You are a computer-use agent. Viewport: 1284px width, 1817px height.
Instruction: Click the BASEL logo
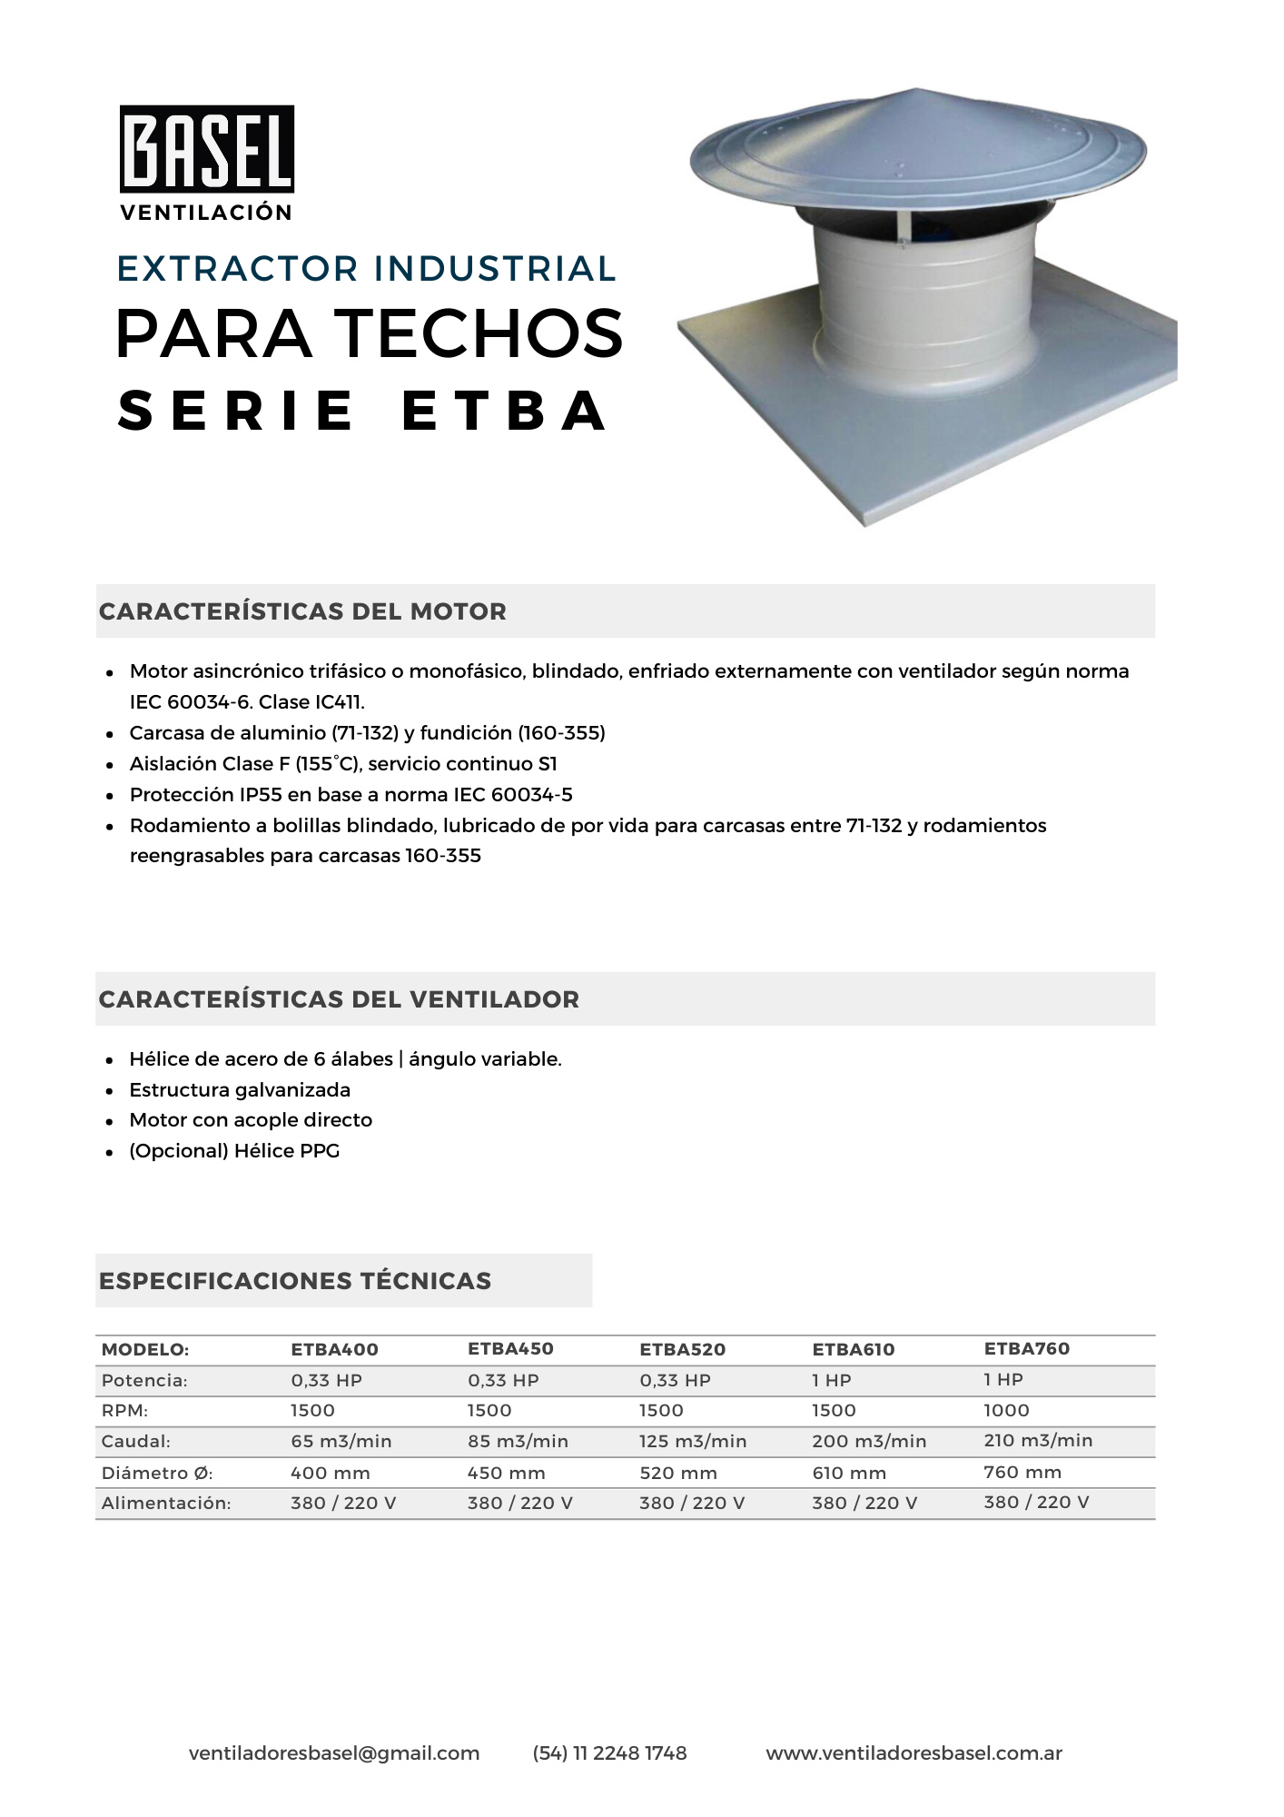[207, 150]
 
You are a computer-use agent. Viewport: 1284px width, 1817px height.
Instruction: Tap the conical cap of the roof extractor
[917, 141]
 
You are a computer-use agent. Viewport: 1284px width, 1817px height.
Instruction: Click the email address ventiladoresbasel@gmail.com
[334, 1753]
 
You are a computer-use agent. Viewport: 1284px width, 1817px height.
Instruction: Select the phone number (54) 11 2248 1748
[609, 1753]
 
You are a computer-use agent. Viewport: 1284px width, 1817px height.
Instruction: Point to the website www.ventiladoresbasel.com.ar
[914, 1753]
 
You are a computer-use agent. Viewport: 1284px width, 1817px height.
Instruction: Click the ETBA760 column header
[1026, 1349]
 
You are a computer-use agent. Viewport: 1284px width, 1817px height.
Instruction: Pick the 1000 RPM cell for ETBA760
[1006, 1411]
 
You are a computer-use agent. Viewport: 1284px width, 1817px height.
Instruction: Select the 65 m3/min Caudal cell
[341, 1442]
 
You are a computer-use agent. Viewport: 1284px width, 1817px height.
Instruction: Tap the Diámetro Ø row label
[157, 1473]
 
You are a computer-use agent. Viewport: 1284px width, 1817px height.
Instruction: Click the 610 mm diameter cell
[849, 1473]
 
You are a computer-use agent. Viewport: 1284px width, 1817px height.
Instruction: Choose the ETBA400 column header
[334, 1350]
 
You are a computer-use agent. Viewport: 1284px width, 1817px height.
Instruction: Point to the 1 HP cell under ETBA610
[831, 1381]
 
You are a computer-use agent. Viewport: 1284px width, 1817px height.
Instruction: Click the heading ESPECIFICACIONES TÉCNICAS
[295, 1281]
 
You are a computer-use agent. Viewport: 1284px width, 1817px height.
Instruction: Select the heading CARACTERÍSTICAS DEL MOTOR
[302, 611]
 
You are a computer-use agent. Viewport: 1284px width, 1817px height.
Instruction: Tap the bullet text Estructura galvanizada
[240, 1090]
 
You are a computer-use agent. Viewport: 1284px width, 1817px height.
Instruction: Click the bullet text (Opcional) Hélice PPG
[234, 1151]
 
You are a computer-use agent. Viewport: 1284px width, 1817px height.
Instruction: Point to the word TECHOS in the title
[481, 333]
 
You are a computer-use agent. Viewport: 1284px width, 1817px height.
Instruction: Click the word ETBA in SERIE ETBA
[504, 411]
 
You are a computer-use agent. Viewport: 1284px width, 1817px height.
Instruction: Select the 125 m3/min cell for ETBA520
[693, 1442]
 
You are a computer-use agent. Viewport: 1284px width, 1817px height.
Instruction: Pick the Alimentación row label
[166, 1504]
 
